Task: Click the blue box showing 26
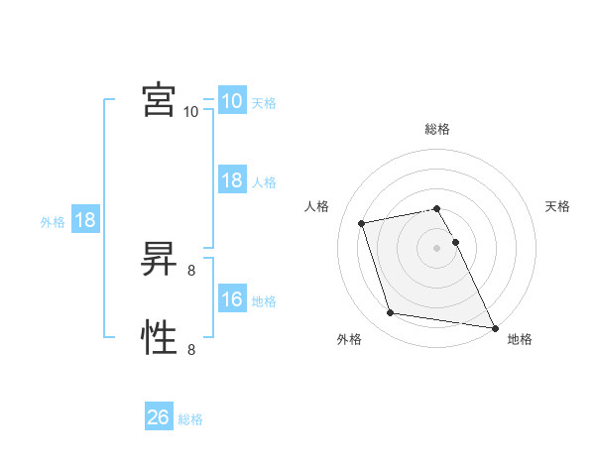pyautogui.click(x=159, y=417)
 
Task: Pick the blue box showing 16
pyautogui.click(x=232, y=299)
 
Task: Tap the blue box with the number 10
pyautogui.click(x=232, y=101)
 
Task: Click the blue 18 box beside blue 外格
pyautogui.click(x=85, y=220)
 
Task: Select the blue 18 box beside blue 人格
pyautogui.click(x=232, y=180)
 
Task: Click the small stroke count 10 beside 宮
pyautogui.click(x=191, y=112)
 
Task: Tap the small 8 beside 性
pyautogui.click(x=191, y=349)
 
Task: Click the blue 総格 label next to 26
pyautogui.click(x=190, y=419)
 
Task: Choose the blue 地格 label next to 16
pyautogui.click(x=264, y=301)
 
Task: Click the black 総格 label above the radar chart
pyautogui.click(x=437, y=129)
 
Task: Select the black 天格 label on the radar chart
pyautogui.click(x=558, y=206)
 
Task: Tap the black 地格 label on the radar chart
pyautogui.click(x=520, y=339)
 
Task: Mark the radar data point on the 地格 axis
pyautogui.click(x=494, y=326)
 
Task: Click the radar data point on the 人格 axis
pyautogui.click(x=362, y=222)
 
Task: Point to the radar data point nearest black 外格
pyautogui.click(x=391, y=313)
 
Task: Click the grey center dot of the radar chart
pyautogui.click(x=437, y=247)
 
